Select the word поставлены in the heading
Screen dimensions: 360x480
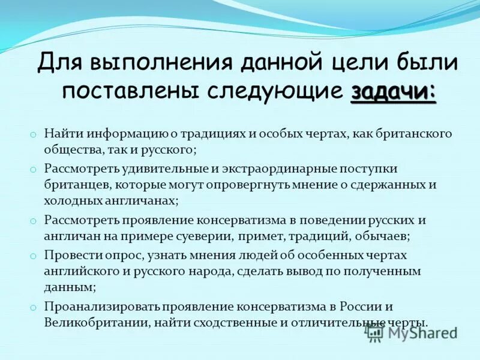coord(133,92)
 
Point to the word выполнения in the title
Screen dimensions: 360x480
coord(155,63)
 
